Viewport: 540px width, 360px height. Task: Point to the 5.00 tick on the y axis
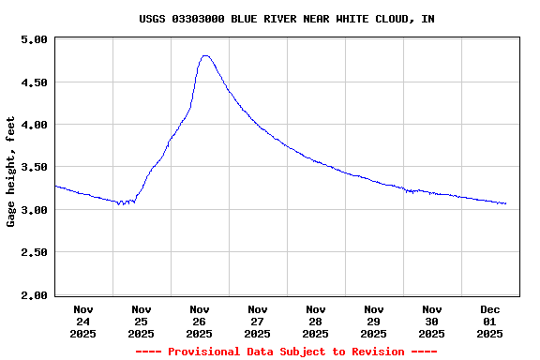click(x=35, y=39)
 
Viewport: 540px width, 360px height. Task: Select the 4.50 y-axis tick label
click(x=35, y=82)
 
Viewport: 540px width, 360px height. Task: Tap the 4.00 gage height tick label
click(x=35, y=125)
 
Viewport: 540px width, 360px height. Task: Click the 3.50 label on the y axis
click(x=35, y=168)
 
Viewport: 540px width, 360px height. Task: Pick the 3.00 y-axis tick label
click(x=35, y=210)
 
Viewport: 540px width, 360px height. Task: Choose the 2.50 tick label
click(x=35, y=253)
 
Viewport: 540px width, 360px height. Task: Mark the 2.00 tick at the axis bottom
click(x=35, y=295)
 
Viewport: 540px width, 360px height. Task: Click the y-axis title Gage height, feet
click(x=11, y=172)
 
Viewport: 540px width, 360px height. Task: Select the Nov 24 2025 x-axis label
click(x=83, y=321)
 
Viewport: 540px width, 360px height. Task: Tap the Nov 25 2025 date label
click(x=142, y=321)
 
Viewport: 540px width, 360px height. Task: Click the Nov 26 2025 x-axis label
click(x=200, y=321)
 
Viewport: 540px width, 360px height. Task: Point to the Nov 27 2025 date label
click(x=258, y=321)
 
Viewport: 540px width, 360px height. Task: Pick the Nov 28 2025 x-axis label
click(x=316, y=321)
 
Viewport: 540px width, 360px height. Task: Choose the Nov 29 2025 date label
click(x=374, y=321)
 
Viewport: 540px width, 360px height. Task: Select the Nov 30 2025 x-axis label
click(x=432, y=321)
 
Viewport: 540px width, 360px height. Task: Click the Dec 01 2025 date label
click(x=490, y=321)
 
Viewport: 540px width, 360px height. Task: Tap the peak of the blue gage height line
click(x=205, y=55)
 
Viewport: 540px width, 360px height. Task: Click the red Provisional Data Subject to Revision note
click(x=286, y=352)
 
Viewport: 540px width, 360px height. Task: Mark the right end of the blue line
click(x=506, y=203)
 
